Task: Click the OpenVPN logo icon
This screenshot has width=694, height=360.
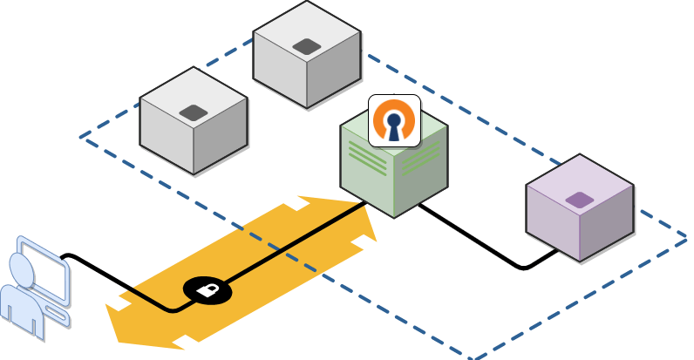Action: pos(394,120)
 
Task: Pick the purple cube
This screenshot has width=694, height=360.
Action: pos(580,209)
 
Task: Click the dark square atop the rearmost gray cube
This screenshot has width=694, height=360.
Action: pos(307,46)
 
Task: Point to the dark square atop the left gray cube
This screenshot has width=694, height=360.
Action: pos(193,112)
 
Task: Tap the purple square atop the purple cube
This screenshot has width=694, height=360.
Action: pos(580,200)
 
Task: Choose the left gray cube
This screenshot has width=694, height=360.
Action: pos(193,122)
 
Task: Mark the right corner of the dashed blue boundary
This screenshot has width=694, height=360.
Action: pos(687,237)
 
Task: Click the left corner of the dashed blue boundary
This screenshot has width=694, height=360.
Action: pos(81,137)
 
